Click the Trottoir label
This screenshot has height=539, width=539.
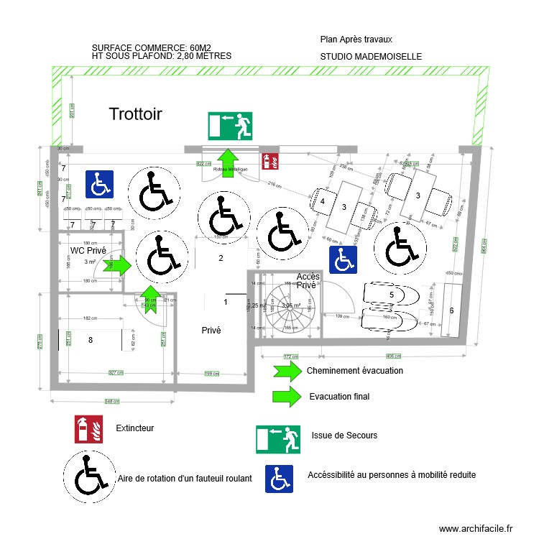pyautogui.click(x=136, y=114)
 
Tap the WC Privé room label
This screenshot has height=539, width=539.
pyautogui.click(x=88, y=251)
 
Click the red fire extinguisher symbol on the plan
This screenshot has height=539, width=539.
pyautogui.click(x=271, y=160)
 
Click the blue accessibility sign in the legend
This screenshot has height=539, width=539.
pyautogui.click(x=280, y=479)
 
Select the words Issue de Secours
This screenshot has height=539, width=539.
pyautogui.click(x=344, y=435)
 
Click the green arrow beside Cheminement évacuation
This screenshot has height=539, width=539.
pyautogui.click(x=286, y=371)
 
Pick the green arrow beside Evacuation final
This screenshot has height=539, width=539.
pyautogui.click(x=286, y=396)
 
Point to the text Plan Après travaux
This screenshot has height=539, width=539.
pyautogui.click(x=356, y=40)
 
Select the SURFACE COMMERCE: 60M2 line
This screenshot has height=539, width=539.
pyautogui.click(x=157, y=48)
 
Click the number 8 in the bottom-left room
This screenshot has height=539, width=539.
pyautogui.click(x=91, y=340)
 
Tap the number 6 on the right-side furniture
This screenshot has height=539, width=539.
pyautogui.click(x=451, y=310)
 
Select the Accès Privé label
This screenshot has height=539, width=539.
pyautogui.click(x=308, y=280)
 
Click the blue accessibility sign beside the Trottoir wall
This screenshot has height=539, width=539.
pyautogui.click(x=99, y=184)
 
